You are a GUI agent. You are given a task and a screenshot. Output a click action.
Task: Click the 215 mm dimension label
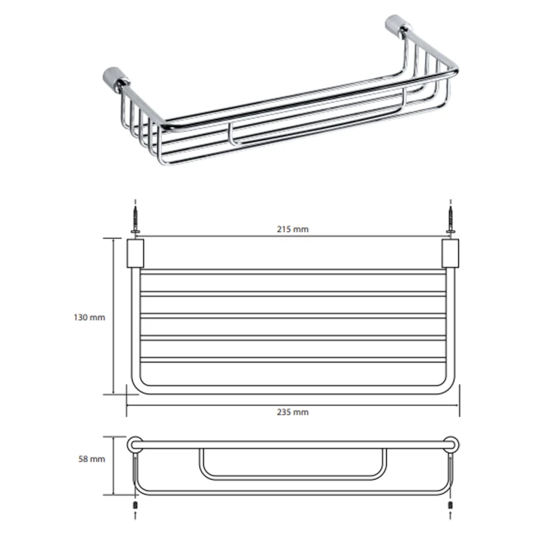[x=292, y=229]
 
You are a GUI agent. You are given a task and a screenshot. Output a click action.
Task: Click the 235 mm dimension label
[x=292, y=412]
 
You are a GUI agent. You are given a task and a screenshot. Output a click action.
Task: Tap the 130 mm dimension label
[x=89, y=318]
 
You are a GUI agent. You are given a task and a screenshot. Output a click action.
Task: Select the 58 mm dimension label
[x=92, y=459]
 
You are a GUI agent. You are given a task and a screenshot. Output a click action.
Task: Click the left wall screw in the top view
[x=136, y=220]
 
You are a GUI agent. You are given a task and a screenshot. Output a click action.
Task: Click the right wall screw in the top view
[x=450, y=220]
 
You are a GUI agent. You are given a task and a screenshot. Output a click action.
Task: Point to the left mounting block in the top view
[x=136, y=253]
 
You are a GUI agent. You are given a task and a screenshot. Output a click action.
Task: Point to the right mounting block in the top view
[x=450, y=253]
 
